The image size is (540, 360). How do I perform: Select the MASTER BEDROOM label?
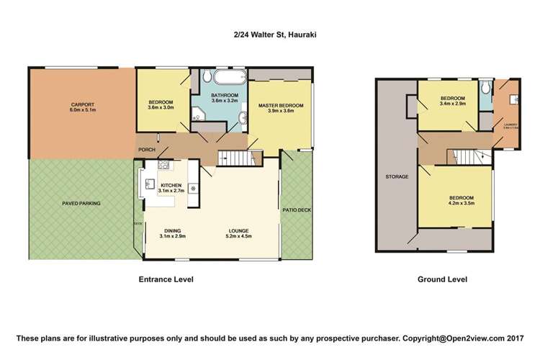pyautogui.click(x=281, y=107)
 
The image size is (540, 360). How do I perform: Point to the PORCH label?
pyautogui.click(x=146, y=150)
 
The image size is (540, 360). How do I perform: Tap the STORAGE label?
pyautogui.click(x=397, y=176)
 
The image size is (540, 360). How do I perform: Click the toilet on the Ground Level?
pyautogui.click(x=487, y=86)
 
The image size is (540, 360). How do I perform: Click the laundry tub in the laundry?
pyautogui.click(x=513, y=99)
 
